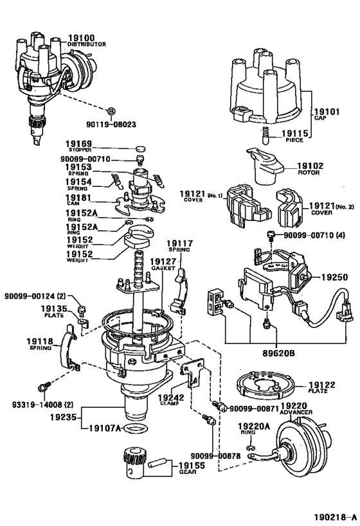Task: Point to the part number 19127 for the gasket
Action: click(x=163, y=262)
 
